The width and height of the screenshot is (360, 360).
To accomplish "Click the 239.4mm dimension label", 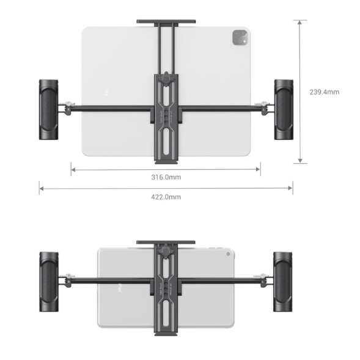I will pos(324,92).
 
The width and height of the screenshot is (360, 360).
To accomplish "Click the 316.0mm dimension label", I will pos(166,177).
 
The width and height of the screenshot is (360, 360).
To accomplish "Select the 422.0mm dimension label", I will pos(166,196).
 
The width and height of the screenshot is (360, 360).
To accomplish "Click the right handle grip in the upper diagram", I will pos(283,109).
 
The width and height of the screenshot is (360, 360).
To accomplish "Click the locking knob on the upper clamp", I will pos(166,80).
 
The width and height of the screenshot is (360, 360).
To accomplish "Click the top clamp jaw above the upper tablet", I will pos(166,23).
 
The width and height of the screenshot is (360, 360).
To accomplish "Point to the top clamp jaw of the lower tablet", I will pos(166,243).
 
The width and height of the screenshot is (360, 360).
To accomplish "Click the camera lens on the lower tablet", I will pos(227,253).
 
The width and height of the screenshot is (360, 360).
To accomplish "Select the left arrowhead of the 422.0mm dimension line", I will pos(41,189).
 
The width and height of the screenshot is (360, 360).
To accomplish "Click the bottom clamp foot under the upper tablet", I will pos(166,161).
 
